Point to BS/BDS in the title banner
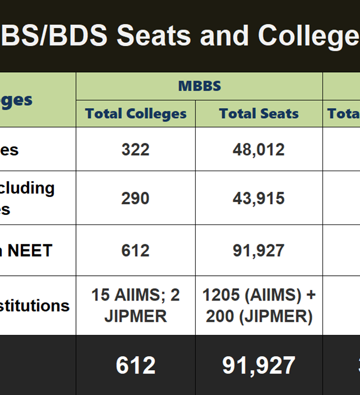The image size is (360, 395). [53, 35]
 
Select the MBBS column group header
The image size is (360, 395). [199, 86]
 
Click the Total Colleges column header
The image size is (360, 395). [136, 114]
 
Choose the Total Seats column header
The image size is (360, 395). [259, 114]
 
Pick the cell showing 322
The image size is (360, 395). [136, 149]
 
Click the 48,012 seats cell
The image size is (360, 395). [259, 149]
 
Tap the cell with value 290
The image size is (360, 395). [136, 198]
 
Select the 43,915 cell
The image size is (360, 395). [259, 198]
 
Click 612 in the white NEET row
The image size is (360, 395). [136, 250]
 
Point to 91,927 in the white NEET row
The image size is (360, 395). [259, 250]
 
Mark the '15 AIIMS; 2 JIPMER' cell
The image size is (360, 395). [136, 306]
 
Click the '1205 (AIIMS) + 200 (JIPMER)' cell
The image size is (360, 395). [259, 306]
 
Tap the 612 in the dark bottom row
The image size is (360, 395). [136, 365]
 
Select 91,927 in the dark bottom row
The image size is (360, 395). [259, 365]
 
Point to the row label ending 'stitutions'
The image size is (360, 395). [35, 306]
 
